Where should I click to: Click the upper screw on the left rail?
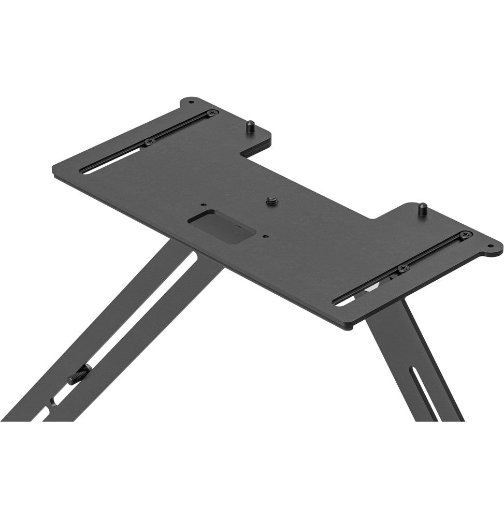point(210,112)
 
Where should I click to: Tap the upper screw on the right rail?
point(464,235)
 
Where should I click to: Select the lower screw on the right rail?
point(402,268)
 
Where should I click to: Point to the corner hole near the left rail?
point(191,99)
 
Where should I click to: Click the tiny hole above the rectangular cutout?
point(204,205)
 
